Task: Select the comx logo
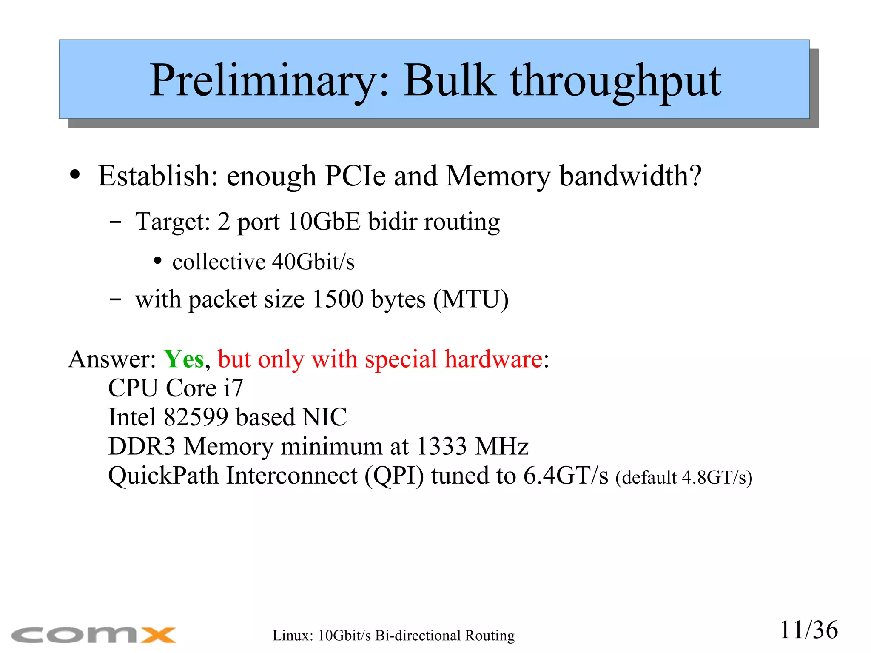click(x=94, y=635)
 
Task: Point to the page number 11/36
click(x=808, y=630)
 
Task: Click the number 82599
click(x=196, y=417)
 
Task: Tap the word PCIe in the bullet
click(x=356, y=176)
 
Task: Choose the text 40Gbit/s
click(x=313, y=262)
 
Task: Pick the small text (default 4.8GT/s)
click(x=683, y=477)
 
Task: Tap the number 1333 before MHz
click(x=441, y=446)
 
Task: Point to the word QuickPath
click(x=163, y=476)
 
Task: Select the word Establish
click(x=158, y=176)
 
